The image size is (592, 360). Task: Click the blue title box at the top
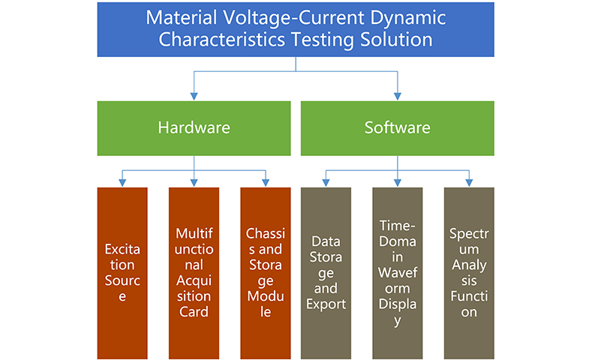(296, 30)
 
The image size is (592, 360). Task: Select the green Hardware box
(194, 127)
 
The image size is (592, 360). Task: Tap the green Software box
(398, 127)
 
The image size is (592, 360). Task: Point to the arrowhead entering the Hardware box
(194, 96)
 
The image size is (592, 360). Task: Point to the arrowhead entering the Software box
(398, 96)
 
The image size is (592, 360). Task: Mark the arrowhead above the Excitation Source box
(122, 182)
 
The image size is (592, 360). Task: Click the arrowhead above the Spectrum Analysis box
(469, 182)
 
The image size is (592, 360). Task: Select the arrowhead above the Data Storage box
(326, 182)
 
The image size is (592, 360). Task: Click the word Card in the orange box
(194, 312)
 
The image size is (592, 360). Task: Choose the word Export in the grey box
(326, 304)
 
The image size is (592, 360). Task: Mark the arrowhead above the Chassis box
(266, 182)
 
